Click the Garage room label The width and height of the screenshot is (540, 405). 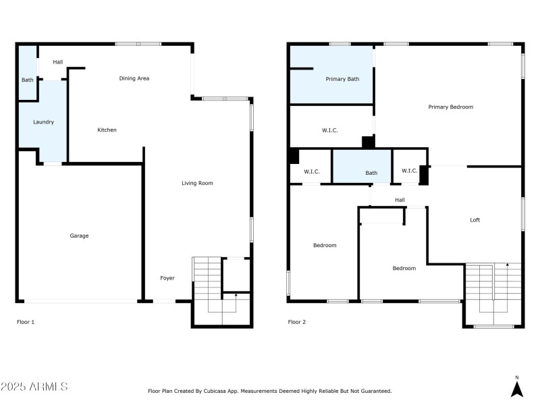[79, 236]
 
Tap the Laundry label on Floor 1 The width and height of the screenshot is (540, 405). [44, 122]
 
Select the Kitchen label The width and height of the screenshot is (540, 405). [107, 130]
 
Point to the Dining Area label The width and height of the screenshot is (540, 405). [134, 78]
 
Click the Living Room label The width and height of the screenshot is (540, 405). [197, 183]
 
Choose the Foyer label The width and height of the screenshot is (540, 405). [167, 278]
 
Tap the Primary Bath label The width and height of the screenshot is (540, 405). [342, 79]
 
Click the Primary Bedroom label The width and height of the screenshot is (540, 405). [450, 107]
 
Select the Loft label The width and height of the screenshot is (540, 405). [475, 220]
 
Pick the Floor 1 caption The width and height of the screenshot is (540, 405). [26, 322]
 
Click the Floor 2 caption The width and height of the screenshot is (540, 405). [297, 322]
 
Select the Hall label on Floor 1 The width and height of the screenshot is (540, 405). [57, 62]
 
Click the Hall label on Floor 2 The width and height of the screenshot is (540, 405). [400, 200]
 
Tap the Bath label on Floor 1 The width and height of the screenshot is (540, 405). [27, 80]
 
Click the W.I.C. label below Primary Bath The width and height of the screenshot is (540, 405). [330, 130]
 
